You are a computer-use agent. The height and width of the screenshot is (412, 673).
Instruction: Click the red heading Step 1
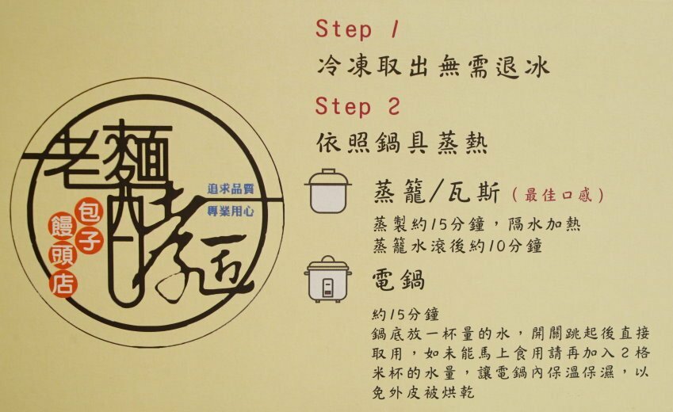point(358,29)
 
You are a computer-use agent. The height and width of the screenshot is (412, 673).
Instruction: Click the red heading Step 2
point(358,106)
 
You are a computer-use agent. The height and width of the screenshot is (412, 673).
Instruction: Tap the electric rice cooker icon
point(328,279)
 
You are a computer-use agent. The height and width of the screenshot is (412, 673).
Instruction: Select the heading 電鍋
point(398,280)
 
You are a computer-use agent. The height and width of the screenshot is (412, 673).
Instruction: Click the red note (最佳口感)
point(558,195)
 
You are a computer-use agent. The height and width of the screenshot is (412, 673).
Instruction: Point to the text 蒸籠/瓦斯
point(437,193)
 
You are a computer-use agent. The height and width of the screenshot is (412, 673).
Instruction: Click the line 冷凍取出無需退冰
point(433,67)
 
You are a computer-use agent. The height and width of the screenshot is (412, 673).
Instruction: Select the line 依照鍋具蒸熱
point(402,143)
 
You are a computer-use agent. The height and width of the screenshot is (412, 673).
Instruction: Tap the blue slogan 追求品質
point(231,189)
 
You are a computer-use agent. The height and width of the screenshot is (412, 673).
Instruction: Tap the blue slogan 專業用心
point(231,211)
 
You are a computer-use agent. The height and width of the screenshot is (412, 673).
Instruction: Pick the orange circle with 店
point(63,284)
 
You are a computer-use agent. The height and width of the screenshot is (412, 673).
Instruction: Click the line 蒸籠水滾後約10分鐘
point(457,246)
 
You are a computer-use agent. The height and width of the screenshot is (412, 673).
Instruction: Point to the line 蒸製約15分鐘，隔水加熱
point(477,224)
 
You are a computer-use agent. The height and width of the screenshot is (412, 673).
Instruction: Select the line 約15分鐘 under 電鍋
point(406,315)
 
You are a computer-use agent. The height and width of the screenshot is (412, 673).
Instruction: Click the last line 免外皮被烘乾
point(423,392)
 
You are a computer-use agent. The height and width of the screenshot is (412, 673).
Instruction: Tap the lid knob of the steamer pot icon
point(328,171)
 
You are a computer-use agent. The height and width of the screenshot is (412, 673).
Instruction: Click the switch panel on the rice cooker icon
point(328,287)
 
